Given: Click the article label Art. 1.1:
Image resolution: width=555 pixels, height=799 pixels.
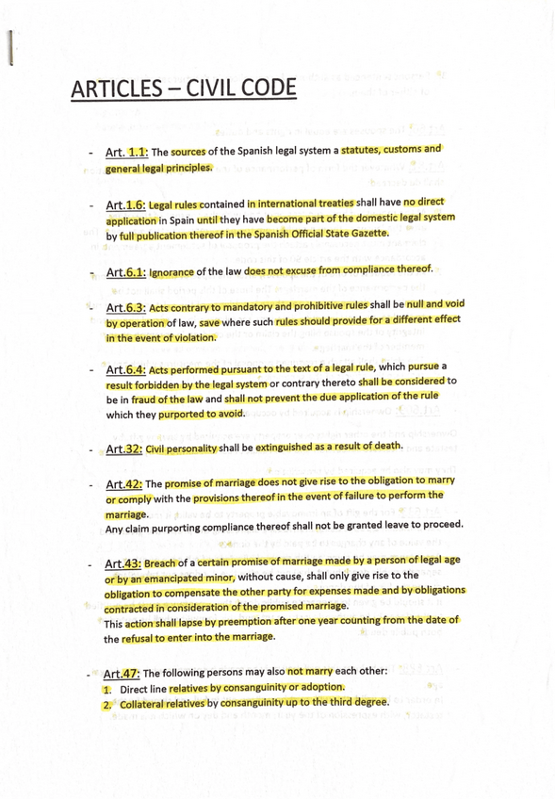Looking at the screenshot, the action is [x=127, y=152].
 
